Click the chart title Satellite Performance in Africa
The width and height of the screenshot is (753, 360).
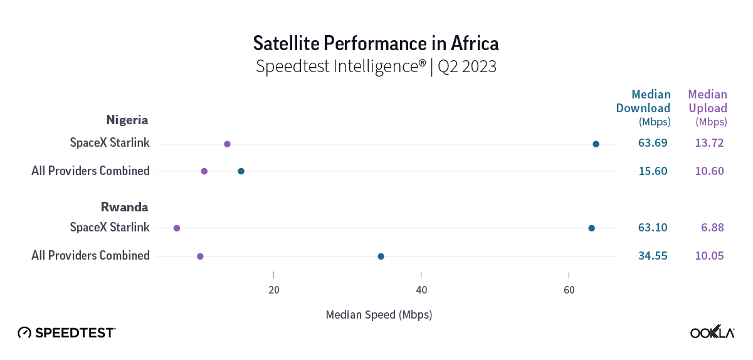click(376, 43)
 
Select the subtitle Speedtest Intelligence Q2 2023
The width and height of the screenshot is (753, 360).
click(376, 66)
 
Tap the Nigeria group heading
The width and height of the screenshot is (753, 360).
click(127, 120)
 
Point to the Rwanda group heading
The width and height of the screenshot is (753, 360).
click(126, 206)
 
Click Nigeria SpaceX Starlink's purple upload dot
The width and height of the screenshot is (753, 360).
click(227, 144)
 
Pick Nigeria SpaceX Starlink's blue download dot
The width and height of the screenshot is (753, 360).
click(596, 144)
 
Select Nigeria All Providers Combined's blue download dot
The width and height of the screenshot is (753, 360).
click(241, 171)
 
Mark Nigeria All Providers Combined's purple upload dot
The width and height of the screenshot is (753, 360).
click(204, 171)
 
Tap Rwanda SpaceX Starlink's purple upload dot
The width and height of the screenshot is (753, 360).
click(177, 228)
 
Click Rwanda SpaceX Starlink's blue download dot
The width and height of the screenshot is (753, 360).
click(591, 228)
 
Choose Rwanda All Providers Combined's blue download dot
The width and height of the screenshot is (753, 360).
click(381, 257)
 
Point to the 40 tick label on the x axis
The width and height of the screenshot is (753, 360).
click(421, 290)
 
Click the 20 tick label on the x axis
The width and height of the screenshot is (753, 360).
click(273, 290)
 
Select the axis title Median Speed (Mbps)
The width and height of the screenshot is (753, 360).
click(379, 314)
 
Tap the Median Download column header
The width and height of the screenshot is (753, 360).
click(644, 107)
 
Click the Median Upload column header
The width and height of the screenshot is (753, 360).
click(707, 107)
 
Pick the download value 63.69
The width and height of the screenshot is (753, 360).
click(653, 143)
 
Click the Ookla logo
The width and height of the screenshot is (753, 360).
click(712, 332)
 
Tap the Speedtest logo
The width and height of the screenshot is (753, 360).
click(66, 332)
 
